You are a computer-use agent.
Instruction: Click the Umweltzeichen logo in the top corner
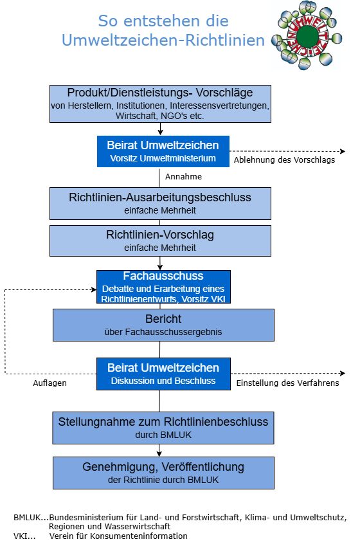click(306, 35)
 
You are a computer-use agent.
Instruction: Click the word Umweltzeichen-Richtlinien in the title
click(163, 41)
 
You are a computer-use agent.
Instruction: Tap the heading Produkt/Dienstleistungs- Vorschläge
click(160, 93)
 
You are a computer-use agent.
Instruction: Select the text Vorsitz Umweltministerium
click(163, 158)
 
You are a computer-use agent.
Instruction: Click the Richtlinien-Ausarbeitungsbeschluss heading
click(160, 197)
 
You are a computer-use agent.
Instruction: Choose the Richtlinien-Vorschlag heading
click(160, 235)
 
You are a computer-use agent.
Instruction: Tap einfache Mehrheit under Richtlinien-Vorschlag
click(160, 248)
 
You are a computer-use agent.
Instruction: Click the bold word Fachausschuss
click(163, 276)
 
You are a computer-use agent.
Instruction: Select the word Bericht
click(163, 319)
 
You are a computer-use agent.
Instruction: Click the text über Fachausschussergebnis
click(163, 332)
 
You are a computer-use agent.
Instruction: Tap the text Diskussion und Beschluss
click(163, 381)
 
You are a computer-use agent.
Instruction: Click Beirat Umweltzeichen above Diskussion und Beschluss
click(163, 368)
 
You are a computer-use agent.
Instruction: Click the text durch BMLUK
click(163, 435)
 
